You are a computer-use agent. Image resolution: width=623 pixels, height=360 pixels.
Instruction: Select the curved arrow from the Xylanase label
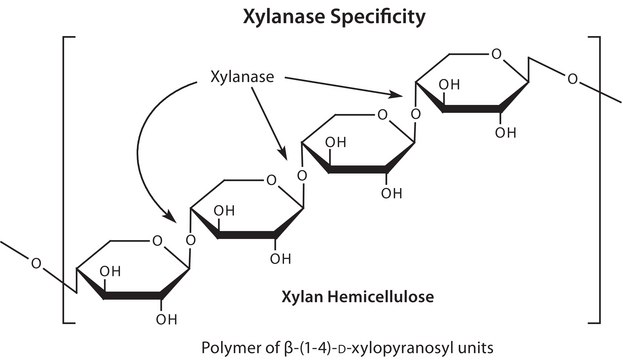point(144,140)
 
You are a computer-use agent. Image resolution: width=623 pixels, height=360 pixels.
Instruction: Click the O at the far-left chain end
point(35,264)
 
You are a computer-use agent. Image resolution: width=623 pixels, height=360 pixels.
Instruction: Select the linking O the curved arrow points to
point(189,240)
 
